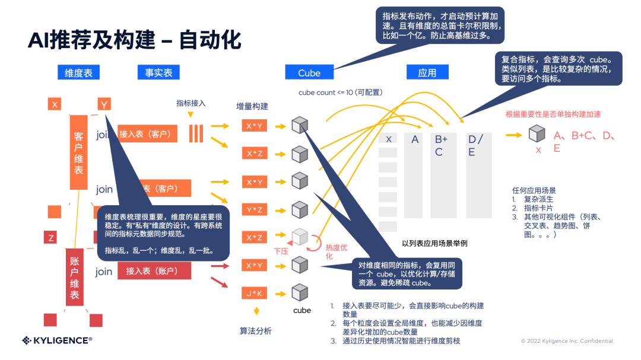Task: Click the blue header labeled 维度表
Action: point(78,72)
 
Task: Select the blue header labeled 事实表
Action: point(158,72)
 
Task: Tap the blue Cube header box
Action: point(309,72)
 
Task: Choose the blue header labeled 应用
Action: point(427,72)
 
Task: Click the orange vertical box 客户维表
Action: point(79,152)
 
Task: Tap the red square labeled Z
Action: point(52,238)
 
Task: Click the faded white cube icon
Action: point(300,237)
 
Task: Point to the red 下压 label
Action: point(281,251)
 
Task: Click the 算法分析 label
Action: point(256,331)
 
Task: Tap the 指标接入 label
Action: point(191,103)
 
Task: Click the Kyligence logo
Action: point(57,340)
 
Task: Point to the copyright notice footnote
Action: point(567,341)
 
